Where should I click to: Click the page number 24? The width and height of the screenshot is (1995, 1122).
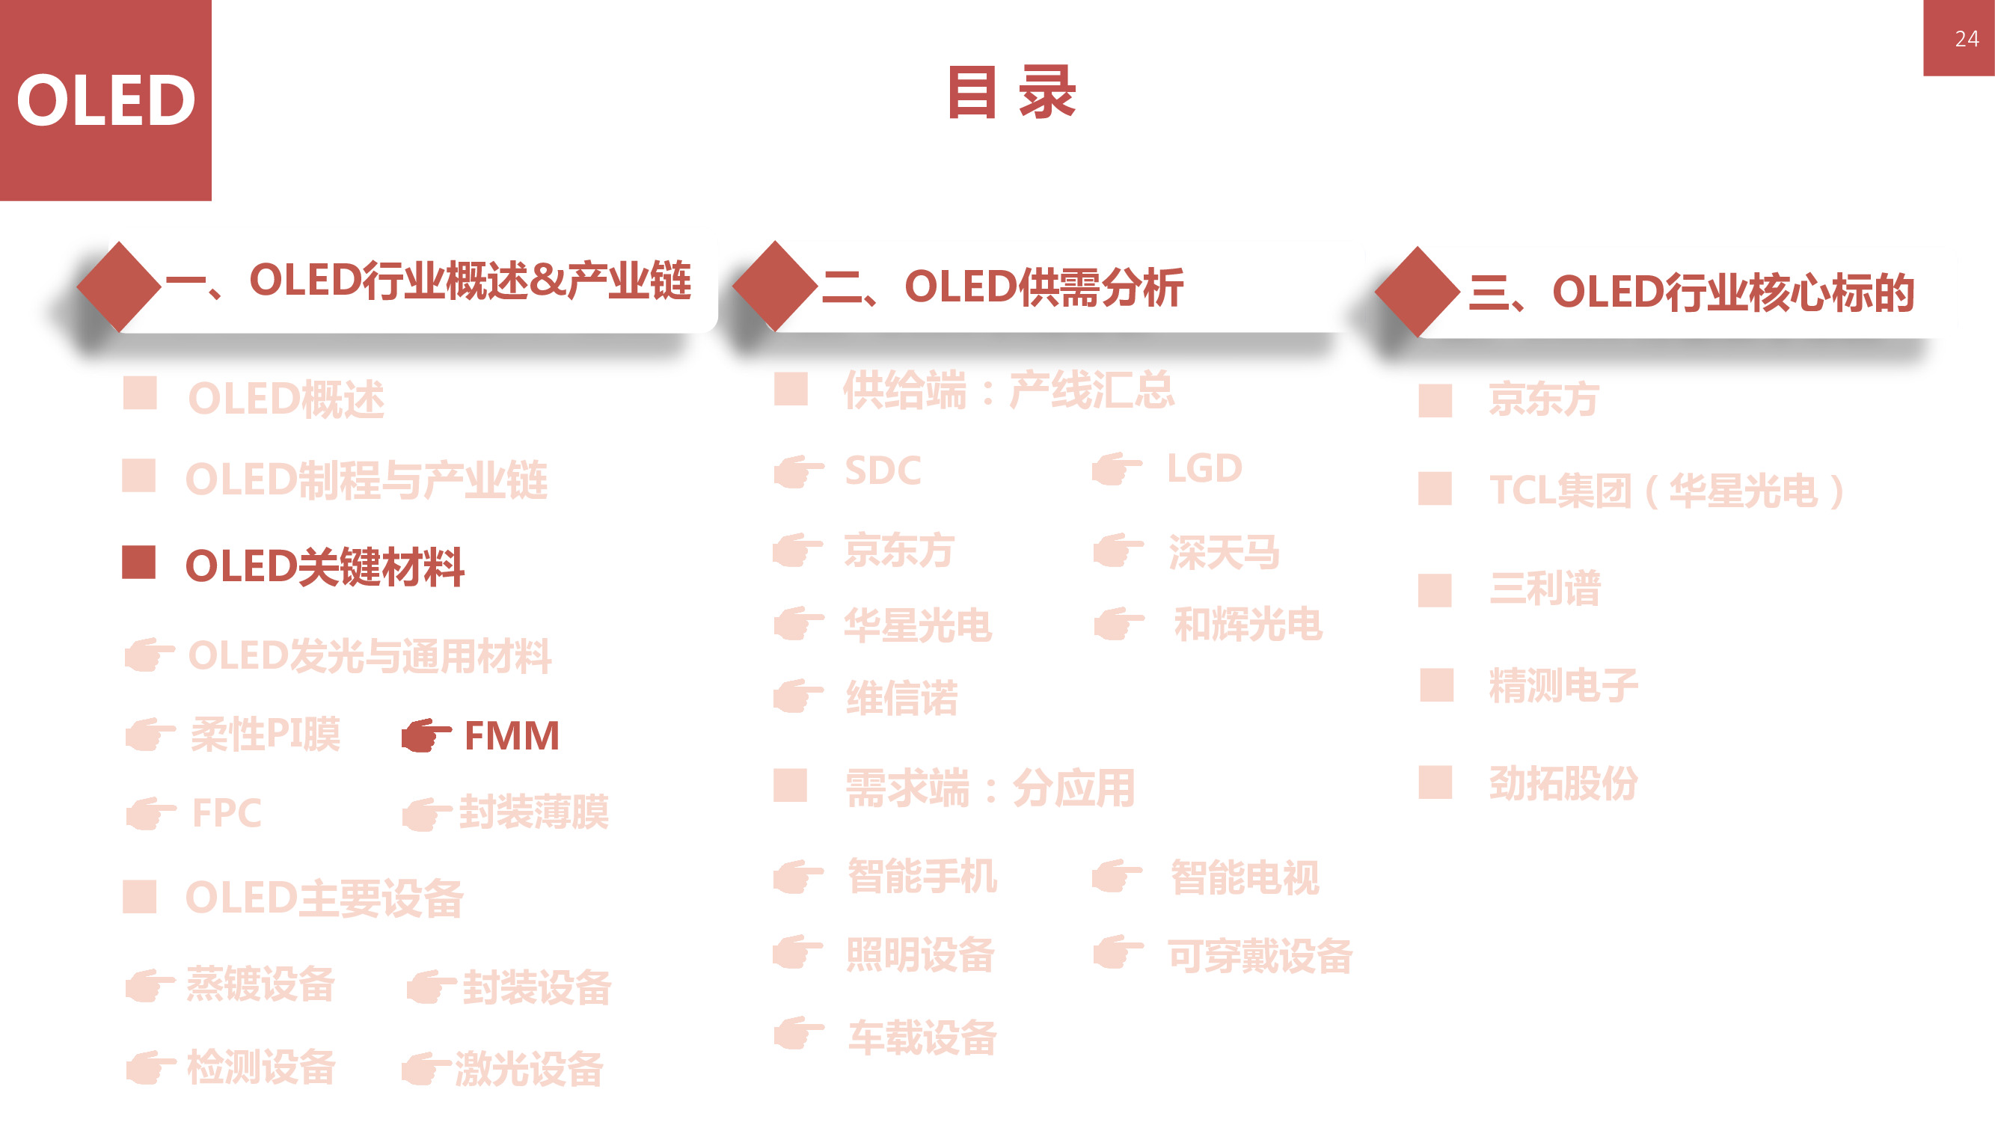(x=1966, y=39)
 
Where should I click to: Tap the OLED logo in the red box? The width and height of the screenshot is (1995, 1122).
(x=106, y=101)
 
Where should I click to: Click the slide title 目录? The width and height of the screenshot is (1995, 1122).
(x=1011, y=93)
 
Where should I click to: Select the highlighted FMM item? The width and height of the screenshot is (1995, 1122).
(x=511, y=735)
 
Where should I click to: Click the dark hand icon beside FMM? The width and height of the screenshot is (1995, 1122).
(x=425, y=735)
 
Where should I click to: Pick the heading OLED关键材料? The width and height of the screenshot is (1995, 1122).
(x=325, y=567)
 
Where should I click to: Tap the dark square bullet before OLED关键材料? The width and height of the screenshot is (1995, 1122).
(x=138, y=563)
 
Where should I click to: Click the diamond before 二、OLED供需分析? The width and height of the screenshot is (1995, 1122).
(x=774, y=286)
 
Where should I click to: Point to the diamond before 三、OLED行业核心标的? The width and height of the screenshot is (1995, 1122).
(x=1418, y=292)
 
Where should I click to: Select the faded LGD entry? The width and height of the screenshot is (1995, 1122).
(x=1204, y=468)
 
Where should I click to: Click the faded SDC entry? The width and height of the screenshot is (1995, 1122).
(x=883, y=470)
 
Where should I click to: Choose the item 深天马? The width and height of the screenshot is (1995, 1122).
(x=1224, y=553)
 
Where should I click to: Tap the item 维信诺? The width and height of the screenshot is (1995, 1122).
(x=901, y=699)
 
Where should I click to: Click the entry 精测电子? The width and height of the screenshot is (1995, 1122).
(x=1563, y=686)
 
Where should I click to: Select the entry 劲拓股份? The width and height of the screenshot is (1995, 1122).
(x=1563, y=783)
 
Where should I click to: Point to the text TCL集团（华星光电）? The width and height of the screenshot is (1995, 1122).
(x=1665, y=490)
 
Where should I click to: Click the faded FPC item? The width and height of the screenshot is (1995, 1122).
(x=226, y=813)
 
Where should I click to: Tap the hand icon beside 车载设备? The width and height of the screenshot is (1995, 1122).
(x=798, y=1034)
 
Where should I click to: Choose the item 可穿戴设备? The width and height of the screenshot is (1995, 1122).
(x=1260, y=956)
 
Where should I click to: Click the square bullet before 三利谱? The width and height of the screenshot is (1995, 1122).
(x=1434, y=590)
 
